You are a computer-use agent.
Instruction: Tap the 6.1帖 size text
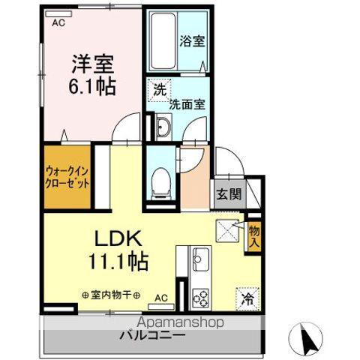pos(91,86)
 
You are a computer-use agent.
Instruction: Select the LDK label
pos(118,238)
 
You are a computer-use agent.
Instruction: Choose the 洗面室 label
pos(187,105)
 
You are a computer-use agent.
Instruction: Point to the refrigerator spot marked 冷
pos(247,298)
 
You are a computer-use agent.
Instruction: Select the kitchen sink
pos(200,261)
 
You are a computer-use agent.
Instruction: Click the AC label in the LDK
pos(160,298)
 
